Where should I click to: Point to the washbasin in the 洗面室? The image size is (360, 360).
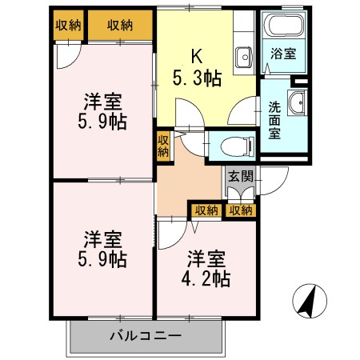295,102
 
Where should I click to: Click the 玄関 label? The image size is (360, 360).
238,177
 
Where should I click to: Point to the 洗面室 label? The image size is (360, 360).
273,118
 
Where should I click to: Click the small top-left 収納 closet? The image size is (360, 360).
68,25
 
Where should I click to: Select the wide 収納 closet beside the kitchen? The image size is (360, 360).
121,25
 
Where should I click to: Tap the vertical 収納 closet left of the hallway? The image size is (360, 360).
162,145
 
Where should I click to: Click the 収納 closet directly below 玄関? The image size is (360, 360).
240,210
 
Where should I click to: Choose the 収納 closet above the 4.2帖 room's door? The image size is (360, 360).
206,210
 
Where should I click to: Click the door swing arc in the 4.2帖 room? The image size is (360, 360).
170,234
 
